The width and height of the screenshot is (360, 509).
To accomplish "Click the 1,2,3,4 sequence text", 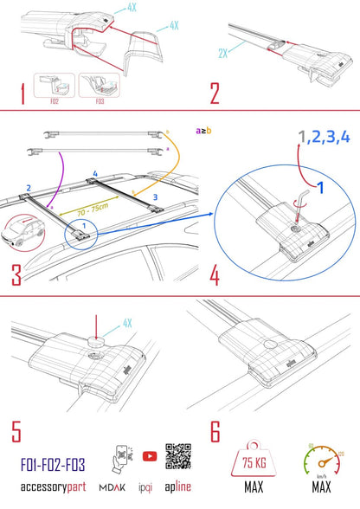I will click(x=299, y=137).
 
